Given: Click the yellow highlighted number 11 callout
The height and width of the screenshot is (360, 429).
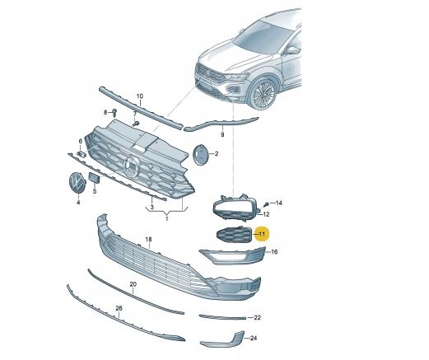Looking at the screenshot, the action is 262,234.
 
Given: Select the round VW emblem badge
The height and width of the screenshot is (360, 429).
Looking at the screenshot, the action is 77,182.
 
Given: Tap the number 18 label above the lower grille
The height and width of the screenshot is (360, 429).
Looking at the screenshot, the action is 148,240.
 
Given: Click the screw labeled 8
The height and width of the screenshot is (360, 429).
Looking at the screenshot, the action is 114,112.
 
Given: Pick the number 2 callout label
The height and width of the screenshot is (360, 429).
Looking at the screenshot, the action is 217,154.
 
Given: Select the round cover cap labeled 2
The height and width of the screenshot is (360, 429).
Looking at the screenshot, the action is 201,155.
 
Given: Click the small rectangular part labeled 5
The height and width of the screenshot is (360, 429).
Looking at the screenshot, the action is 94,178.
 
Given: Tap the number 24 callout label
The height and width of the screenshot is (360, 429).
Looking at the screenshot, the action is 254,338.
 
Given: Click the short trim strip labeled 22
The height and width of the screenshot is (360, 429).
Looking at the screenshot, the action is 222,317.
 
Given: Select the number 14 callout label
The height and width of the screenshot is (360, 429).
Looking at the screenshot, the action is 279,203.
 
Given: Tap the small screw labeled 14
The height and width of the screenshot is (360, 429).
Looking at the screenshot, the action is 265,204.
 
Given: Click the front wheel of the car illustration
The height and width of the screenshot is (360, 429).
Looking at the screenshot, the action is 263,94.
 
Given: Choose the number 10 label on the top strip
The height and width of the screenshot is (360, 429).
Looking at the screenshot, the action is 140,96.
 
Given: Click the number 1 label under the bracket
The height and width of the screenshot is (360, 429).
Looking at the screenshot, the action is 167,219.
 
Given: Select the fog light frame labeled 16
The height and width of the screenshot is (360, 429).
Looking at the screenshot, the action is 232,255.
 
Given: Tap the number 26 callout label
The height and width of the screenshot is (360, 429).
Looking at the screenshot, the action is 119,308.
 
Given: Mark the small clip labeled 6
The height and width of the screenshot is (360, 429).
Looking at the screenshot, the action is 82,153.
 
